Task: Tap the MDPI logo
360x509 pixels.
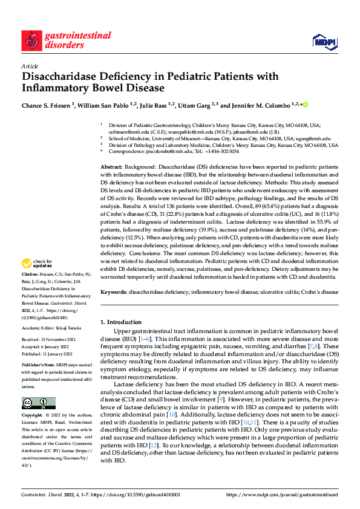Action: coord(321,41)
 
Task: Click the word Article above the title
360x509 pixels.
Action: coord(29,66)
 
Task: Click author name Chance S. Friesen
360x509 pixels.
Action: coord(45,106)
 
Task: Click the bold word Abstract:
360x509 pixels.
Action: coord(112,166)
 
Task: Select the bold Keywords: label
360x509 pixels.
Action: coord(114,292)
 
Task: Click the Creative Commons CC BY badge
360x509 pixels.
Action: coord(39,403)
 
